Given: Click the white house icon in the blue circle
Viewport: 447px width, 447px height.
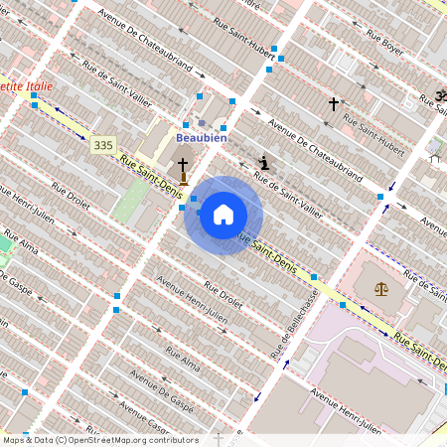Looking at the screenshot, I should [223, 215].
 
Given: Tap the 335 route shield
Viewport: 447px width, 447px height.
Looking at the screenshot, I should [102, 145].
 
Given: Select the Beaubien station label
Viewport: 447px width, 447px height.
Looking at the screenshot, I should [202, 138].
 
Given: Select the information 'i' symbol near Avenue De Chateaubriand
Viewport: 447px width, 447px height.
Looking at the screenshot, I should [263, 162].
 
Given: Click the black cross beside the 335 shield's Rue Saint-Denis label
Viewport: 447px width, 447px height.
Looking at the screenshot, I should [183, 165].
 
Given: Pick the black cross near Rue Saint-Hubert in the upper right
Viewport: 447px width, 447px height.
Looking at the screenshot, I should [334, 102].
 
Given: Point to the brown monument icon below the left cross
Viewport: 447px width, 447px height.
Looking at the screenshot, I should [184, 181].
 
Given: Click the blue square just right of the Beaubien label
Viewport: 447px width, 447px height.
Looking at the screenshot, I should [223, 128].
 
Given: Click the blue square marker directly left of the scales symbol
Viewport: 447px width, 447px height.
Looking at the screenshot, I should [343, 305].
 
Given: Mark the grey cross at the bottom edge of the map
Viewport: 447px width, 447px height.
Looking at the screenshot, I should [219, 438].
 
